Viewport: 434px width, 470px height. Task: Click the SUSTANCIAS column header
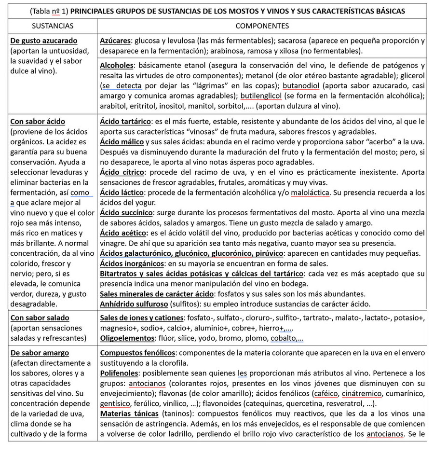53,26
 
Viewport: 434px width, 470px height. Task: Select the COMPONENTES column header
262,26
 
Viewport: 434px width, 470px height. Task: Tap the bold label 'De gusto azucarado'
44,41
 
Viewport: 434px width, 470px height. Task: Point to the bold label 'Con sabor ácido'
38,122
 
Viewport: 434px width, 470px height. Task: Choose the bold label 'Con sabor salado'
40,318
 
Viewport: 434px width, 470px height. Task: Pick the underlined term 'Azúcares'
116,41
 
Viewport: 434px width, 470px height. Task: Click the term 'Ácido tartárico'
125,122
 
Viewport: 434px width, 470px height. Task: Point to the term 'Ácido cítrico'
122,172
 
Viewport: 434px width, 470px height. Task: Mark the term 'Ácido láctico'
122,193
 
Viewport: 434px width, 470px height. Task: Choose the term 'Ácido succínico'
126,213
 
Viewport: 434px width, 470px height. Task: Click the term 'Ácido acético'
122,233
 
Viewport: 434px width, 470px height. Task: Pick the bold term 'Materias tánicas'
129,414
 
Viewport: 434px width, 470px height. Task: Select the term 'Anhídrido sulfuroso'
134,304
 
